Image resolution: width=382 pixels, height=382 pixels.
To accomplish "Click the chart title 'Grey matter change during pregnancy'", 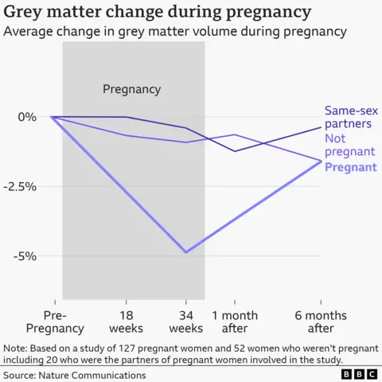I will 158,12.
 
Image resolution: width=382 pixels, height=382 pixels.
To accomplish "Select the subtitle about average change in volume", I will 175,32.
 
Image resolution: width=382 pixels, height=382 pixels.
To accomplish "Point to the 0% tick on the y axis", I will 27,117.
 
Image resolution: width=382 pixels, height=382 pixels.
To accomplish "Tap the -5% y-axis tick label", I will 27,256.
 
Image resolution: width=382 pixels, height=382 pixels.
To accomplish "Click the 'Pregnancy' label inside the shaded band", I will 131,89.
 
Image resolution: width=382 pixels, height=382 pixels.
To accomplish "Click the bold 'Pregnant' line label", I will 351,167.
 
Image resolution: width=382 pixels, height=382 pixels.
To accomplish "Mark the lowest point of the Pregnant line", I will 186,252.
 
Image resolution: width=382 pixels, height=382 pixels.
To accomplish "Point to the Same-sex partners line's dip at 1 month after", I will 235,151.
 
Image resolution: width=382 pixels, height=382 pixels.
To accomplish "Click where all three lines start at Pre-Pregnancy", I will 53,117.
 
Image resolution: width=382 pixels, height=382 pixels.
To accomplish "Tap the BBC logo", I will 359,373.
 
